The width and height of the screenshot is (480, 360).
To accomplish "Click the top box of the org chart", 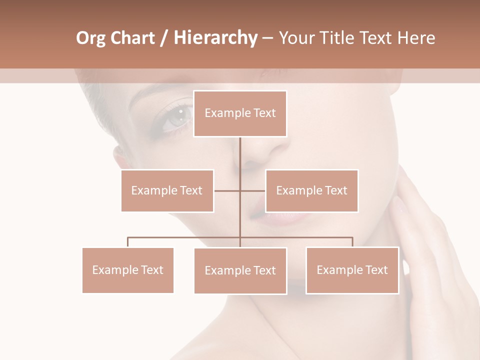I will pyautogui.click(x=240, y=113).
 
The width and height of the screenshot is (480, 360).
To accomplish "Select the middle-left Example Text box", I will pyautogui.click(x=167, y=190).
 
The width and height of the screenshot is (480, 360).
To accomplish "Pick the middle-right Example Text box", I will pyautogui.click(x=311, y=190).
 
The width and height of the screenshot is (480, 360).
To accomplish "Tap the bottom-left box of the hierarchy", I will pyautogui.click(x=127, y=270).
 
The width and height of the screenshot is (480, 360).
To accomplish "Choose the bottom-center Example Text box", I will pyautogui.click(x=240, y=270).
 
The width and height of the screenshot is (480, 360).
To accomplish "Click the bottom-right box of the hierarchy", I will pyautogui.click(x=352, y=270).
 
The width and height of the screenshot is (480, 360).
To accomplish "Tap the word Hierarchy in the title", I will pyautogui.click(x=215, y=38).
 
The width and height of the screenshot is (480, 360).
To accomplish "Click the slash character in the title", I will pyautogui.click(x=164, y=38).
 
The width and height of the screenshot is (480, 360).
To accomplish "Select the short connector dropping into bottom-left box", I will pyautogui.click(x=127, y=242).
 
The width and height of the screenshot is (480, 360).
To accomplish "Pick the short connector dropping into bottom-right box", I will pyautogui.click(x=352, y=242).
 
